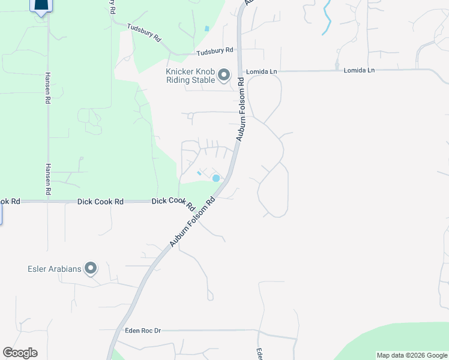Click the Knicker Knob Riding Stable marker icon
pos(224,76)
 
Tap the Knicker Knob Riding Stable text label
pos(190,76)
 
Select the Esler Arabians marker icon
pos(91,268)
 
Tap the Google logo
pos(20,353)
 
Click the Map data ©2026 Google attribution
pos(412,355)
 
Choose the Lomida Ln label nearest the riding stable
pos(265,71)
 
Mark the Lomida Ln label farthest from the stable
pos(359,71)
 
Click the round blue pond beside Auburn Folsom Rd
pos(216,178)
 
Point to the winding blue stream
pos(327,18)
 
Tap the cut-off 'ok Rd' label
pos(10,202)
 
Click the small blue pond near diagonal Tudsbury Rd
pos(206,28)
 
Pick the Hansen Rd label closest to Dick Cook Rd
pos(47,179)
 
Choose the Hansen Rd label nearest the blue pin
pos(47,88)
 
